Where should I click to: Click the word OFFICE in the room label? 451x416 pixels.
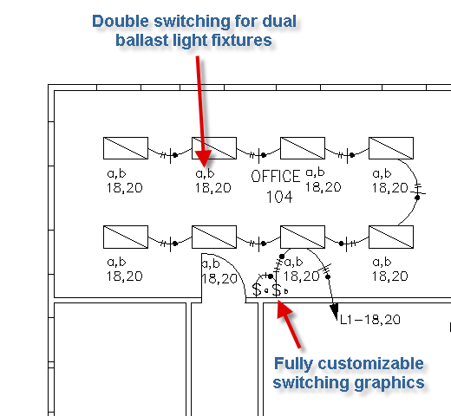coord(276,176)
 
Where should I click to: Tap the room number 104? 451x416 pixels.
coord(279,197)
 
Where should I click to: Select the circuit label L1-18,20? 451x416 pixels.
coord(370,320)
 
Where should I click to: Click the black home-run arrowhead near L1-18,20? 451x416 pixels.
coord(334,311)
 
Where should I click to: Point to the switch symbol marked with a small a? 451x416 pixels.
coord(257,289)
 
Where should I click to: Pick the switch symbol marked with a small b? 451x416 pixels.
coord(277,289)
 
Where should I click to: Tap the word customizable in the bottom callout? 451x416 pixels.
coord(370,364)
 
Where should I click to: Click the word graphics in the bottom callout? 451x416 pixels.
coord(389,383)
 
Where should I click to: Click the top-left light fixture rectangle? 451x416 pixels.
coord(126,148)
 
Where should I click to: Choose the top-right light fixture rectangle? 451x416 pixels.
coord(391,148)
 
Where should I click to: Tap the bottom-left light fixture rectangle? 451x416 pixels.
coord(126,237)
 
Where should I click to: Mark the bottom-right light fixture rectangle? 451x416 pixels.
coord(391,237)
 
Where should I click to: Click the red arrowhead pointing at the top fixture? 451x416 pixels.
coord(204,158)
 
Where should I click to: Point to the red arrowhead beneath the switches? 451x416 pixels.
coord(284,309)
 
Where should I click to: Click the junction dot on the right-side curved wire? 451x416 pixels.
coord(417,198)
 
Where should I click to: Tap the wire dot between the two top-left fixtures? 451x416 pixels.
coord(175,155)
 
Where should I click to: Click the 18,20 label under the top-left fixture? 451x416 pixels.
coord(125,188)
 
